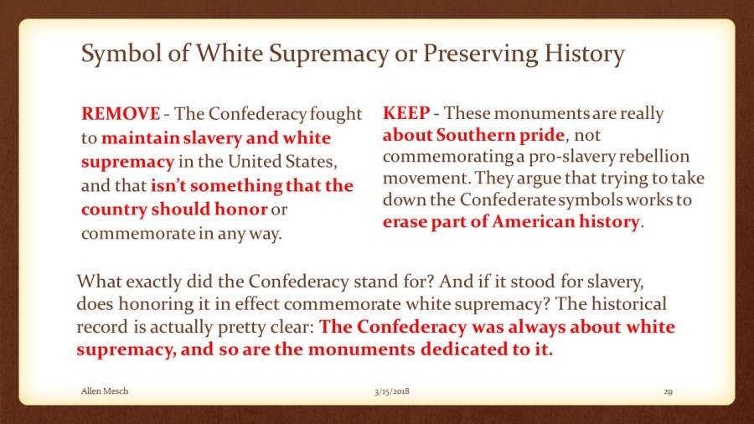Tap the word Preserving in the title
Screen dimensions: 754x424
click(x=480, y=54)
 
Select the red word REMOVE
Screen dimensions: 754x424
click(x=121, y=114)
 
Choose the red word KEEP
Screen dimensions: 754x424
click(x=406, y=113)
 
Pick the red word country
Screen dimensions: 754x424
click(x=114, y=210)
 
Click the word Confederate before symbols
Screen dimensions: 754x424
click(x=508, y=199)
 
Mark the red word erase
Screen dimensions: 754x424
click(x=404, y=221)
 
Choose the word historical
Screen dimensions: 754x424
click(x=629, y=304)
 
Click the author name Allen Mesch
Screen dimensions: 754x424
click(x=105, y=390)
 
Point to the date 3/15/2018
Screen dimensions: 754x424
click(x=392, y=391)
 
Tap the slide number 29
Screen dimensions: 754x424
click(x=668, y=392)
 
